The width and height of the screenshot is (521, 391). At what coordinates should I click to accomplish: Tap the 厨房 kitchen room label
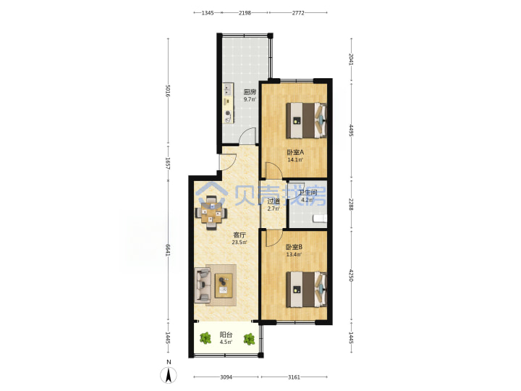(x=250, y=91)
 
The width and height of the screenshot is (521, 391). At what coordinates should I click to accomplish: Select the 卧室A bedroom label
(x=295, y=152)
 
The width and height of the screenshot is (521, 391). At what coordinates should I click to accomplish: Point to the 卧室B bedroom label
(x=294, y=247)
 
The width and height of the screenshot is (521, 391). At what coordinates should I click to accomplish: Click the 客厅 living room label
(x=240, y=235)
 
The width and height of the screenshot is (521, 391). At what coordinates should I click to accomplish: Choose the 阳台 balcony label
(x=226, y=335)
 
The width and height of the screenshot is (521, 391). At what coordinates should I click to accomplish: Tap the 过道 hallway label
(x=274, y=201)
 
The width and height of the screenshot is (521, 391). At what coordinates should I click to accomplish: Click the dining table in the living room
(x=211, y=213)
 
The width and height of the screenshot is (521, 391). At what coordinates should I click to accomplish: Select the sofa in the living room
(x=203, y=285)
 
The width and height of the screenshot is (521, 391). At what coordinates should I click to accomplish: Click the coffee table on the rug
(x=224, y=285)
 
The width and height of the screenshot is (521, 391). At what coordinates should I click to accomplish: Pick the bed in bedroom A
(x=306, y=120)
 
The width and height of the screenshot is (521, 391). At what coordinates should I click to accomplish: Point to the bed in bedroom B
(x=306, y=289)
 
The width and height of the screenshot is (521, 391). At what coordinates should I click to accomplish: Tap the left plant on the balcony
(x=206, y=338)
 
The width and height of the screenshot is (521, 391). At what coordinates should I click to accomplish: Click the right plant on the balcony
(x=249, y=339)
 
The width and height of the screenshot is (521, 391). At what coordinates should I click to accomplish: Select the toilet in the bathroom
(x=320, y=219)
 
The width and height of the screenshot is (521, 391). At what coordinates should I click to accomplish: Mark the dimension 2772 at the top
(x=297, y=13)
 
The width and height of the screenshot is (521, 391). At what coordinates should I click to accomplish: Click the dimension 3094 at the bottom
(x=226, y=377)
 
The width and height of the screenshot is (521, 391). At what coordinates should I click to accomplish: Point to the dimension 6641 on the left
(x=168, y=251)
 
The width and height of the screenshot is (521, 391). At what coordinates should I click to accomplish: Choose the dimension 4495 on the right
(x=351, y=130)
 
